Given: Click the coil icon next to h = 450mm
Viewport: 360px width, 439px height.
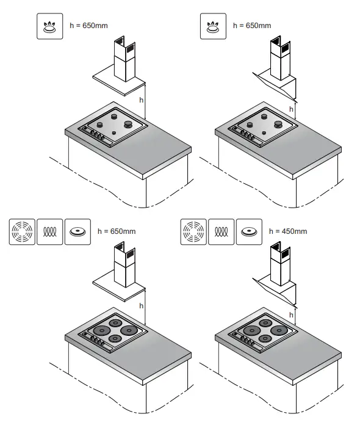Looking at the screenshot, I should pos(220,231).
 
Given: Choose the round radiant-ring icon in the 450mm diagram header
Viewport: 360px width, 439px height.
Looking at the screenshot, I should pos(193,231).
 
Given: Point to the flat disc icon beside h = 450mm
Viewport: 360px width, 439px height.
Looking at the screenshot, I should pos(248,231).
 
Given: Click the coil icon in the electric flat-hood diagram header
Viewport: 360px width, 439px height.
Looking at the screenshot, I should pos(49,231).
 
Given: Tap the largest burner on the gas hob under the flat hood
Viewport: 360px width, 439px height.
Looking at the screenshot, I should pos(129,124).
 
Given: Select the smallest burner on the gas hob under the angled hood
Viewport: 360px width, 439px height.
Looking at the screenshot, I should pos(263,132).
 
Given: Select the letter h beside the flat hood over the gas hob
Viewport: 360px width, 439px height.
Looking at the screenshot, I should pos(141,99).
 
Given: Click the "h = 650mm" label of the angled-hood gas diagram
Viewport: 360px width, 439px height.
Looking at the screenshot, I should pos(252,26).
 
